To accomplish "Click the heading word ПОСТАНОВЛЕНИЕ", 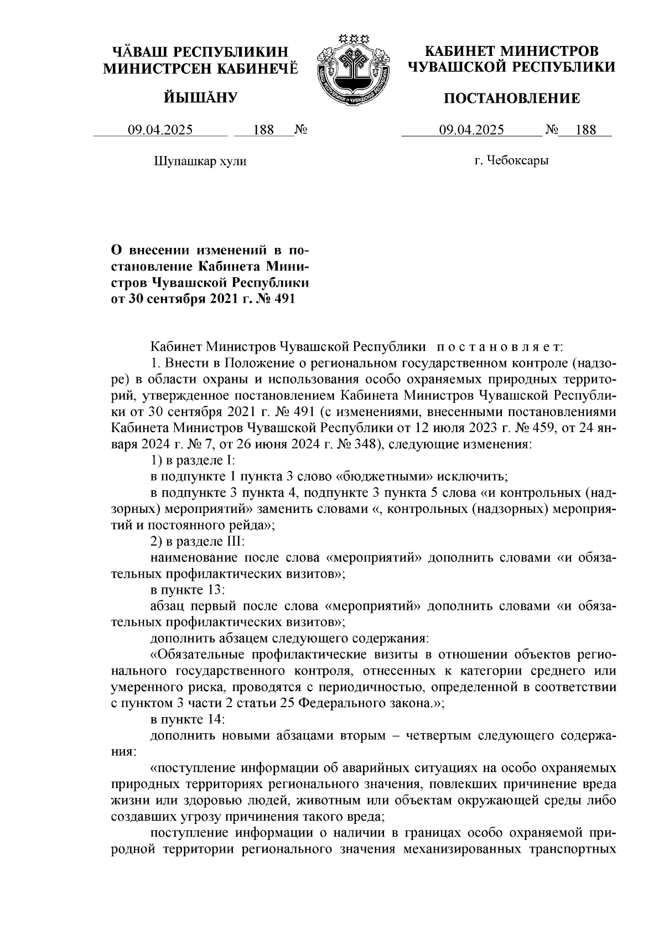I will [512, 99].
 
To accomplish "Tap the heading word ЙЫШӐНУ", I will [201, 98].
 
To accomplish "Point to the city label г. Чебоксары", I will [511, 162].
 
